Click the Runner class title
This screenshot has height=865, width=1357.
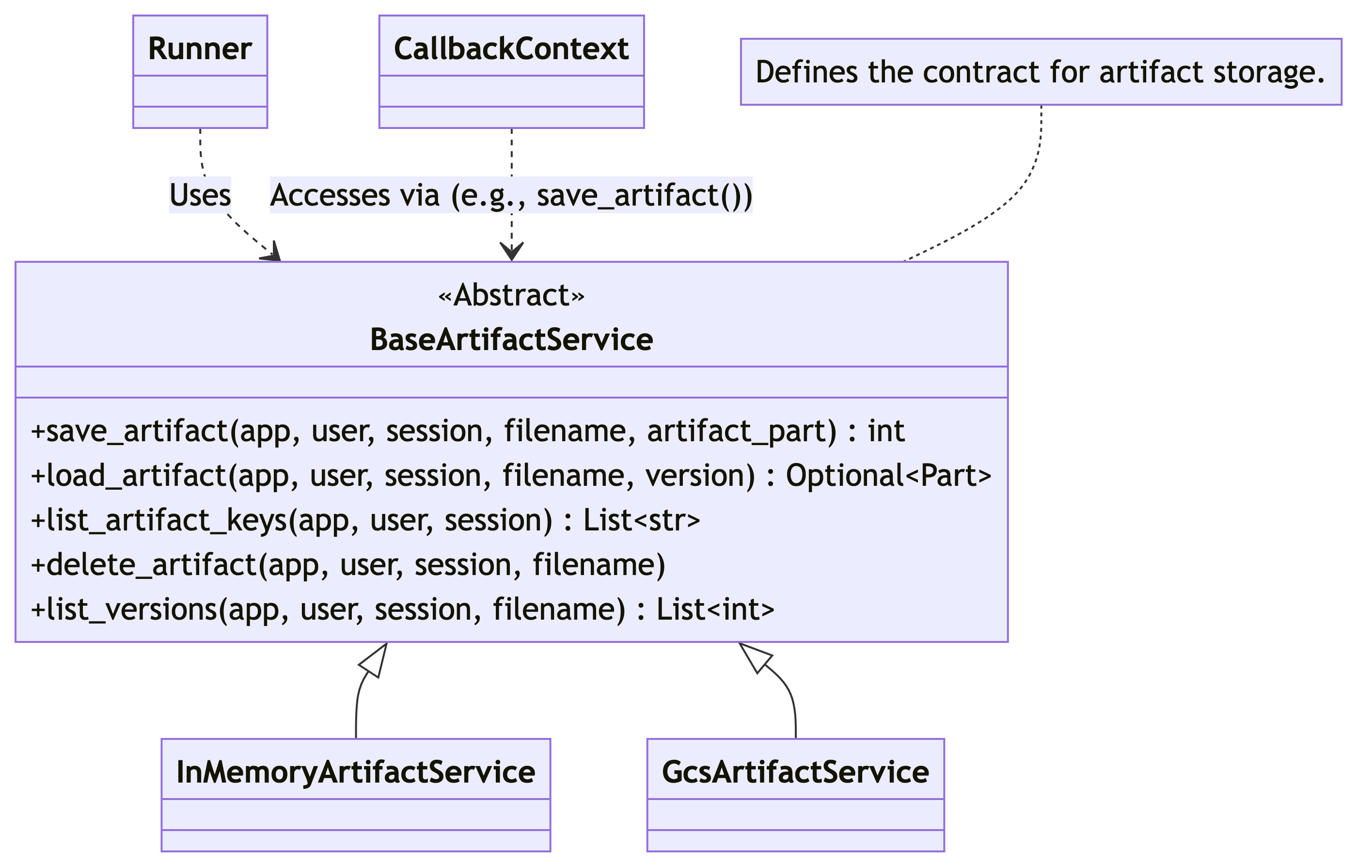[200, 48]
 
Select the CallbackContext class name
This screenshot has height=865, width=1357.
[511, 48]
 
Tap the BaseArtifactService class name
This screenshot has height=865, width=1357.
[511, 339]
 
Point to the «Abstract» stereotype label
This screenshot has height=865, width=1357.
[511, 295]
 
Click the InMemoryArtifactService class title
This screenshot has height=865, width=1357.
[356, 772]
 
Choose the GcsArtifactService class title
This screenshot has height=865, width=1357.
[795, 772]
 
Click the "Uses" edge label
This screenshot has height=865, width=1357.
[200, 195]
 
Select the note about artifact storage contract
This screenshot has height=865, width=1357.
[1041, 72]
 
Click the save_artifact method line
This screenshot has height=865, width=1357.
[468, 432]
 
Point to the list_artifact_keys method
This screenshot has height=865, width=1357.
[365, 520]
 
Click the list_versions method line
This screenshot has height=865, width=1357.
[402, 609]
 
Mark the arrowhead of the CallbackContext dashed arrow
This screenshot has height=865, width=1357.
[511, 252]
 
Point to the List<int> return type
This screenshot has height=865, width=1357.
[715, 609]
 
